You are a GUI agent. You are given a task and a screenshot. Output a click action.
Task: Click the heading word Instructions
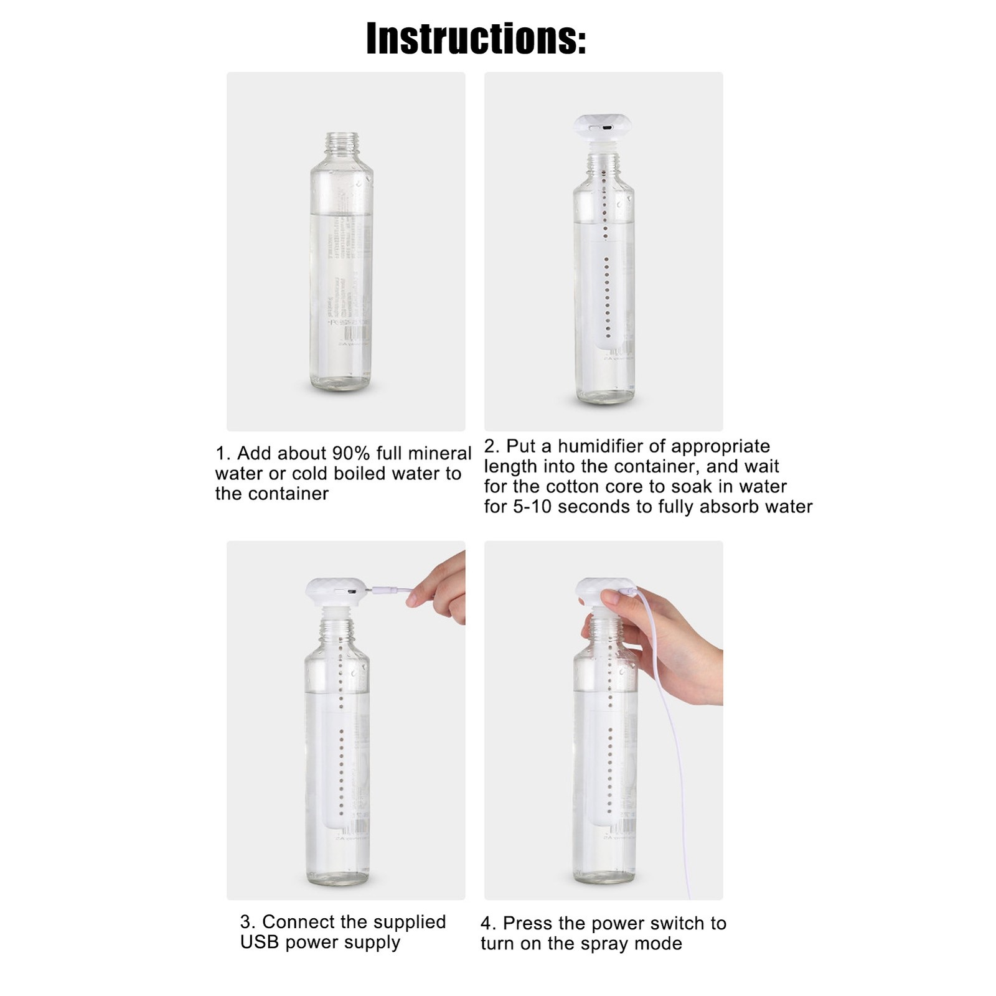coord(476,39)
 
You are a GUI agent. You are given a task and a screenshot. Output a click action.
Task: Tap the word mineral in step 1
coord(440,453)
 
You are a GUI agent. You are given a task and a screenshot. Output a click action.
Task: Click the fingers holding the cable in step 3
coord(436,588)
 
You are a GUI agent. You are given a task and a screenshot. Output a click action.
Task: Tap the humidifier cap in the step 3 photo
coord(334,593)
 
